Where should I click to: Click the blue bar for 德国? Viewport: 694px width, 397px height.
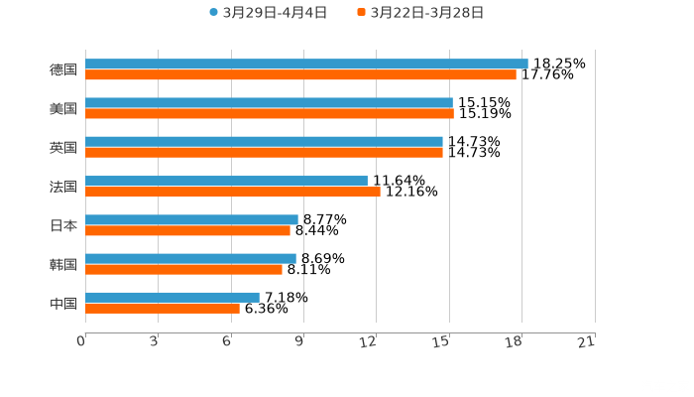click(x=306, y=64)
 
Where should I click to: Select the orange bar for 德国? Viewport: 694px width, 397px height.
click(x=300, y=74)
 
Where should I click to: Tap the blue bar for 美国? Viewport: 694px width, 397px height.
click(x=269, y=102)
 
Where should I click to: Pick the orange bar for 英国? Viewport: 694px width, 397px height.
click(x=264, y=153)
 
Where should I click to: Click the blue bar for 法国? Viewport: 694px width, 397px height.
click(x=226, y=181)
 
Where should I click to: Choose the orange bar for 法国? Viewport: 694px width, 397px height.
click(x=232, y=192)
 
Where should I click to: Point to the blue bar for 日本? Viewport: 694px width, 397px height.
click(x=191, y=219)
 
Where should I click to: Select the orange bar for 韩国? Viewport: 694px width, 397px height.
click(x=183, y=269)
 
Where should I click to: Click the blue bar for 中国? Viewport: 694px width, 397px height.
click(x=173, y=297)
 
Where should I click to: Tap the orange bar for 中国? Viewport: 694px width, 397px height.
click(x=163, y=308)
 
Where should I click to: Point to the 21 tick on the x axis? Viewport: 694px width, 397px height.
click(x=587, y=341)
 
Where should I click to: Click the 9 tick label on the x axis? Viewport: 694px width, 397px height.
click(x=299, y=341)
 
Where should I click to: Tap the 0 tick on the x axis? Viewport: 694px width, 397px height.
click(x=82, y=341)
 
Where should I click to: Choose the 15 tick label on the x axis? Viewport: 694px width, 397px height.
click(x=442, y=341)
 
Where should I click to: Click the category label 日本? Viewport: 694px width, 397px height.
click(x=63, y=225)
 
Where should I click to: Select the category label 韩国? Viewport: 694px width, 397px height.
click(x=63, y=264)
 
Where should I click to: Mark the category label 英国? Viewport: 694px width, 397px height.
click(x=63, y=148)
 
